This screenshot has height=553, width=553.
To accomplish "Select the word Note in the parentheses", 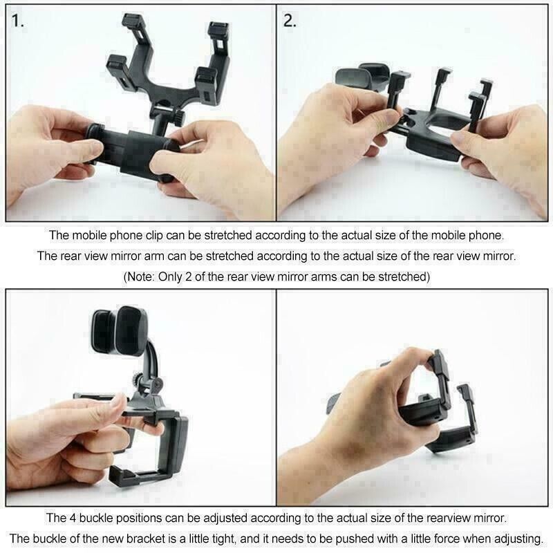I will pyautogui.click(x=140, y=276).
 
